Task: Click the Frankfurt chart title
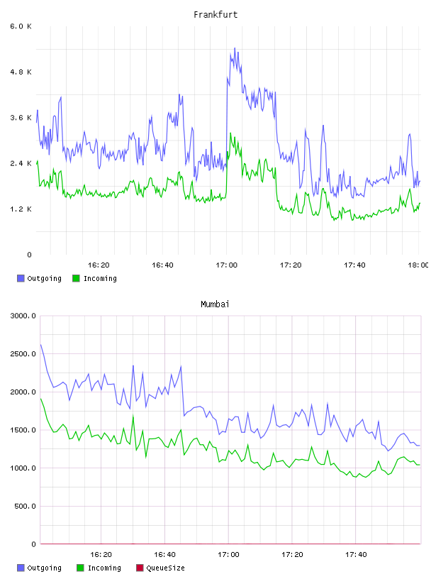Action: point(216,15)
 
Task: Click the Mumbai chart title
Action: point(215,304)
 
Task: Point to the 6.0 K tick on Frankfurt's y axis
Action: point(21,26)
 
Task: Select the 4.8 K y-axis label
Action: point(21,72)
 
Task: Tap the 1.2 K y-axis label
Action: point(21,209)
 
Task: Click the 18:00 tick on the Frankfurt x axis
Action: point(418,265)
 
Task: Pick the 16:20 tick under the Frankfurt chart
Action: point(99,265)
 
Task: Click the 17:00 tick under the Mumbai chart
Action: point(228,555)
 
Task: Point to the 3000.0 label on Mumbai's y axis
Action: point(23,316)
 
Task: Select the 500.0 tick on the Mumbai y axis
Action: point(25,506)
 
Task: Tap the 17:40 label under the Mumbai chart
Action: point(356,555)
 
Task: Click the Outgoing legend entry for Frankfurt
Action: point(40,278)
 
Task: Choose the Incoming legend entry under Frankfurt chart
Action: point(95,278)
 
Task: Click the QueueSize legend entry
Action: point(160,568)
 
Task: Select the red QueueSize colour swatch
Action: point(140,568)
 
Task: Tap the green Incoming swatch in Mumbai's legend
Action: point(80,568)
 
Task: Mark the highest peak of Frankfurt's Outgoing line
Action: point(235,48)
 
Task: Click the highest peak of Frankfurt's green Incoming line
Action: point(230,133)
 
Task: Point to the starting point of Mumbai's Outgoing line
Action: point(40,345)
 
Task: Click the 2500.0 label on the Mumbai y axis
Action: point(23,354)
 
